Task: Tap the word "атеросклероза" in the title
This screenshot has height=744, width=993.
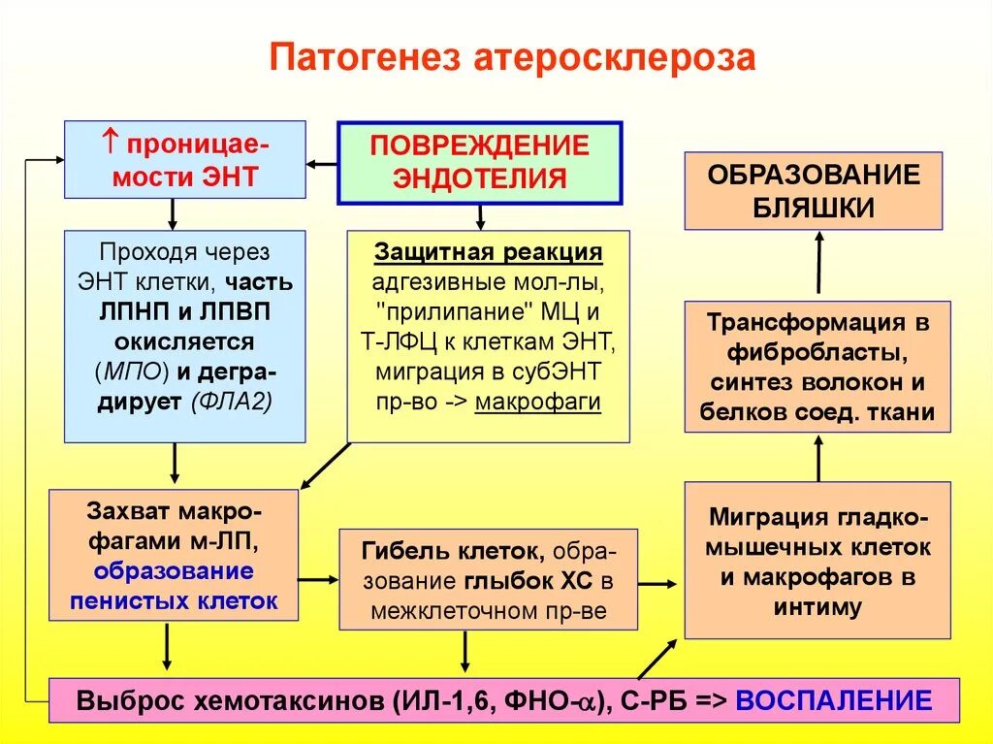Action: pos(614,57)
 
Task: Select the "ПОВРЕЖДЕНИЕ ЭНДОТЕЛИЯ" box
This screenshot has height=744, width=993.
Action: pos(479,162)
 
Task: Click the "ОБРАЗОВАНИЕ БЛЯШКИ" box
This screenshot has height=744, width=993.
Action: pos(813,191)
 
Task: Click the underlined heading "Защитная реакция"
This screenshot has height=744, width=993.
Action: pos(489,252)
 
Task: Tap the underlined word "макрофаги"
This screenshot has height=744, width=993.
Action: pos(538,402)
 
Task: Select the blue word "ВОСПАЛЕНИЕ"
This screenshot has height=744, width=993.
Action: pos(834,700)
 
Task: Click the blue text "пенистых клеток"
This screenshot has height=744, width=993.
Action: pos(174,600)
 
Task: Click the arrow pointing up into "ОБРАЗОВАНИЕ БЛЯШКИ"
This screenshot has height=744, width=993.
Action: pos(817,262)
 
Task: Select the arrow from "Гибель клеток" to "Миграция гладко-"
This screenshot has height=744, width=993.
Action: pos(657,583)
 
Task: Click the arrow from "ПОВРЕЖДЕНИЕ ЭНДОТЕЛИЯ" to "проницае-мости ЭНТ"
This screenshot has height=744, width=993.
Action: pos(321,162)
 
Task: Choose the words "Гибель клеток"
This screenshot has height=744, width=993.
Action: pos(450,552)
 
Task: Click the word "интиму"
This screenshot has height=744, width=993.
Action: pos(817,607)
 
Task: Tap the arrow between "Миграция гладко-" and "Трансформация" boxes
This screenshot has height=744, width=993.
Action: pos(817,457)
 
